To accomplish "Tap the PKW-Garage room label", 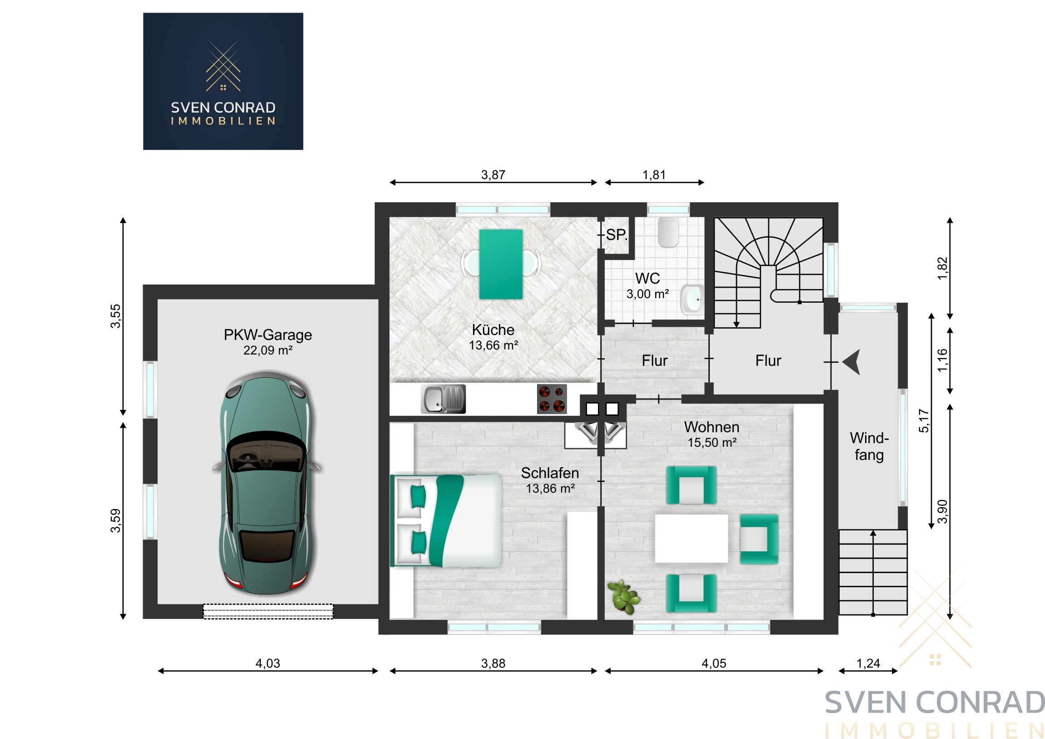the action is (268, 335).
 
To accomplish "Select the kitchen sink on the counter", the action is (443, 399).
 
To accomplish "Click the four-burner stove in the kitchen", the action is (552, 399).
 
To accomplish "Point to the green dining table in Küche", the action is (501, 264).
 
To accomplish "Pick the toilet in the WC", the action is (668, 232).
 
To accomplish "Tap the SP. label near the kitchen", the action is (617, 235).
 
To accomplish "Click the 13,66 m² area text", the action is (493, 345).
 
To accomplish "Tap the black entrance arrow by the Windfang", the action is (851, 362).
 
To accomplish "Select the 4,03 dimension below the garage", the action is (268, 664).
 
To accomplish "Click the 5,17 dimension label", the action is (924, 421).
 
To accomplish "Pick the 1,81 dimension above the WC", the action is (654, 175).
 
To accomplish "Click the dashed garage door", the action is (268, 611).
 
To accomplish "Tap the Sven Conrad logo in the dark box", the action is (223, 81).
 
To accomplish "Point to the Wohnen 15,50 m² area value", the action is (712, 443).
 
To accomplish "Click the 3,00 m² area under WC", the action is (647, 294).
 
